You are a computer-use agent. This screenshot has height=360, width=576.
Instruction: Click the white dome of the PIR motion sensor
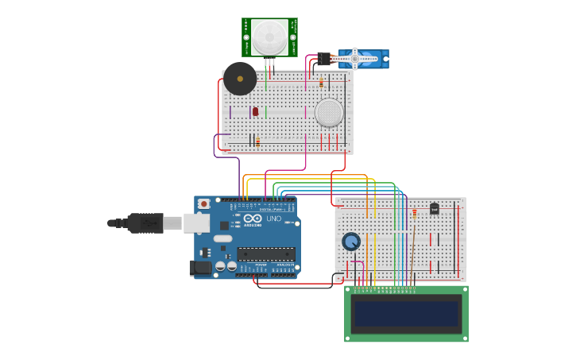pyautogui.click(x=270, y=37)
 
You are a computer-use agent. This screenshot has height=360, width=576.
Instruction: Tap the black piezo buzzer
pyautogui.click(x=240, y=79)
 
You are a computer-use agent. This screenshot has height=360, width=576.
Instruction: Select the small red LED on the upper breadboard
pyautogui.click(x=255, y=112)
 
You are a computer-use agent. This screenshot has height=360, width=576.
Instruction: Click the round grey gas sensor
pyautogui.click(x=329, y=113)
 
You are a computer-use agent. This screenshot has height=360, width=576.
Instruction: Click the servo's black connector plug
pyautogui.click(x=324, y=59)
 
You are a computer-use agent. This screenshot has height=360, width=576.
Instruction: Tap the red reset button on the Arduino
pyautogui.click(x=203, y=204)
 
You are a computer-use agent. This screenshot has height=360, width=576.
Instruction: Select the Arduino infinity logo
pyautogui.click(x=253, y=219)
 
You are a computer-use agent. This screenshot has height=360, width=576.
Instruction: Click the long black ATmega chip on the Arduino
pyautogui.click(x=265, y=254)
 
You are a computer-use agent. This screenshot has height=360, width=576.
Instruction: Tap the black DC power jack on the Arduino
pyautogui.click(x=202, y=268)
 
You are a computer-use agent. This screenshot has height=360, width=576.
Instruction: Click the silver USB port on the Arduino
pyautogui.click(x=196, y=223)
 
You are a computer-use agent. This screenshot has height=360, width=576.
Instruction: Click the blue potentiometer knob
pyautogui.click(x=351, y=241)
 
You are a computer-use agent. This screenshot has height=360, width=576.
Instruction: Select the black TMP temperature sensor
pyautogui.click(x=434, y=209)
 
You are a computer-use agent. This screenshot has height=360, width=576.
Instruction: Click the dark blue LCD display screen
pyautogui.click(x=406, y=313)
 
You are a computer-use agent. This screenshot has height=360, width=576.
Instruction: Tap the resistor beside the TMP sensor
pyautogui.click(x=414, y=213)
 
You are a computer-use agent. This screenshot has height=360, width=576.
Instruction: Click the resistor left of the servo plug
pyautogui.click(x=321, y=83)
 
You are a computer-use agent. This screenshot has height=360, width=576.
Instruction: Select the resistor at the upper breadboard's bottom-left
pyautogui.click(x=257, y=141)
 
